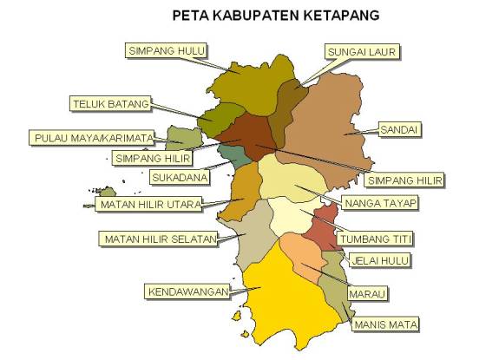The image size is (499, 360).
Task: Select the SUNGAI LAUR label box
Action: (x=361, y=53)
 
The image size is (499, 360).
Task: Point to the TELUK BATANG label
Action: (x=109, y=104)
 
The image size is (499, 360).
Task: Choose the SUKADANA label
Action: (x=180, y=178)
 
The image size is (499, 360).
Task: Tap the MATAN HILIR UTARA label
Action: (x=150, y=205)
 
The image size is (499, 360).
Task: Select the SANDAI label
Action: (x=399, y=129)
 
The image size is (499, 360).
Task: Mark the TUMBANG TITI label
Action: (x=376, y=238)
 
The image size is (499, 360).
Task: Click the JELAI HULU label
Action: (x=379, y=259)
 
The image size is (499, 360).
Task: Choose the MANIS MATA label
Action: (x=385, y=324)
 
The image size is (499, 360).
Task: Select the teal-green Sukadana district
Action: (x=233, y=157)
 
